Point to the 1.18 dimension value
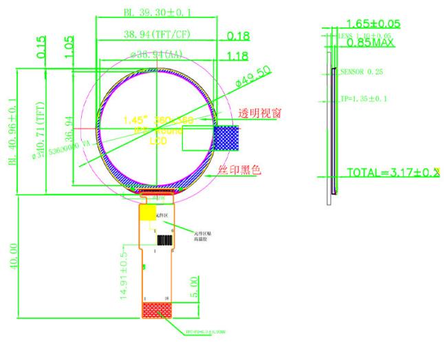click(x=238, y=55)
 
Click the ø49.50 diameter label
click(x=253, y=76)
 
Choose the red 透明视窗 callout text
click(x=259, y=113)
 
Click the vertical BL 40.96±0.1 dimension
click(x=12, y=131)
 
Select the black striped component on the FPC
click(x=164, y=240)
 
